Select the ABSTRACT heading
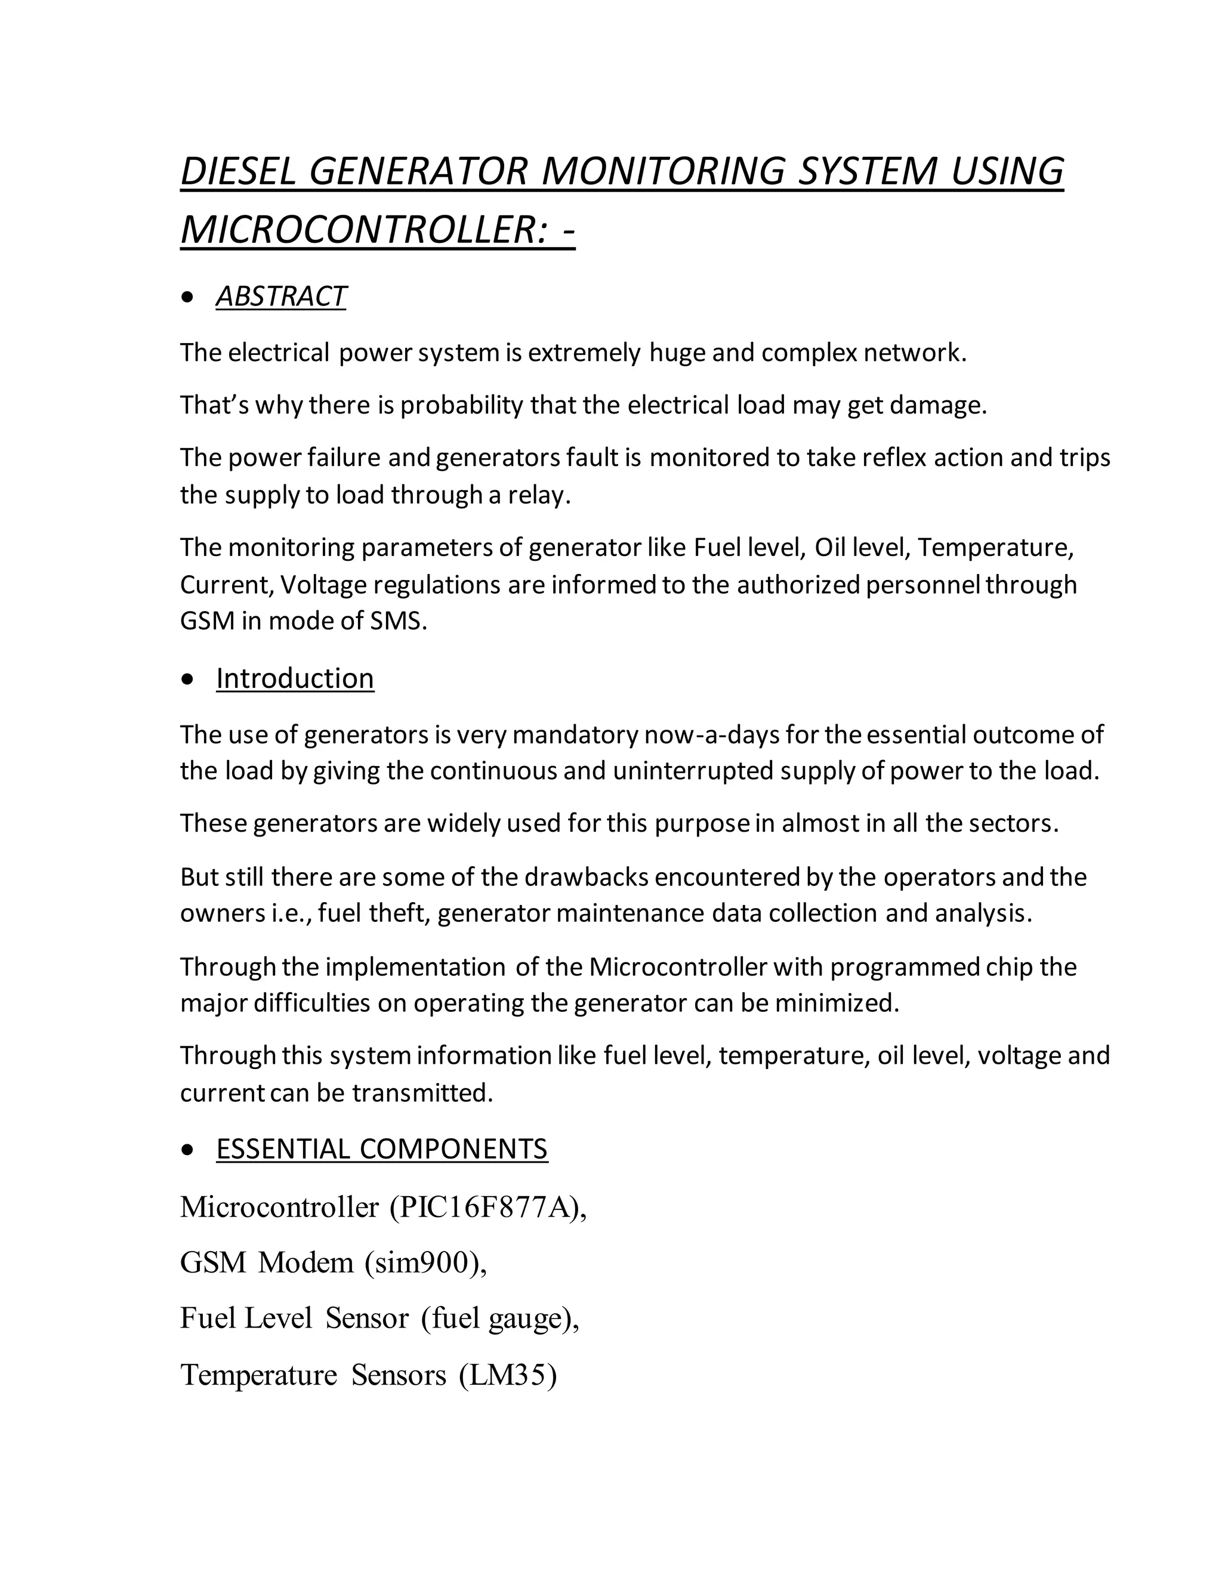[x=281, y=296]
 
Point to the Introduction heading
[x=295, y=678]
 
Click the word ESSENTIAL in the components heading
[x=282, y=1149]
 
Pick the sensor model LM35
[x=506, y=1375]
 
